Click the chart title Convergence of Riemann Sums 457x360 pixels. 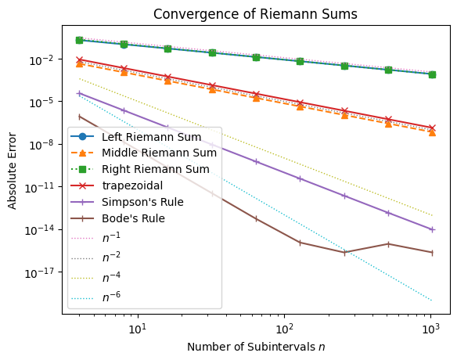point(256,13)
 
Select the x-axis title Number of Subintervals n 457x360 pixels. point(256,346)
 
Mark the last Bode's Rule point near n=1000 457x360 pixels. point(431,253)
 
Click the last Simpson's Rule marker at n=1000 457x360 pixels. point(431,229)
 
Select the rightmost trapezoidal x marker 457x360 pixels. point(431,128)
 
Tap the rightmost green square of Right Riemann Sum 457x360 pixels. point(431,74)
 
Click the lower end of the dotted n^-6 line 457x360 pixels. point(431,300)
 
